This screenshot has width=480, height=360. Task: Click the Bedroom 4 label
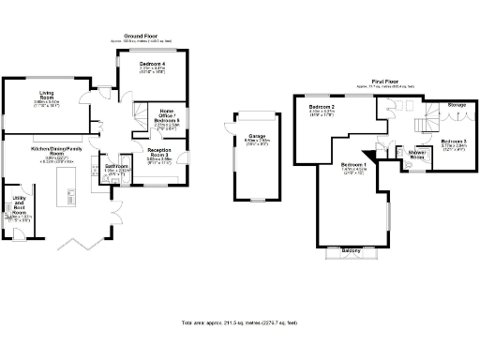[x=153, y=63]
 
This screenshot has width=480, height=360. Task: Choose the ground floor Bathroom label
[x=115, y=166]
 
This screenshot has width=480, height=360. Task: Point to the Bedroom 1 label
[x=353, y=165]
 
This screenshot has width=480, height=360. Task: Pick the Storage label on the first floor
[x=456, y=105]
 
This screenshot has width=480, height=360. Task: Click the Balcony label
[x=352, y=250]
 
